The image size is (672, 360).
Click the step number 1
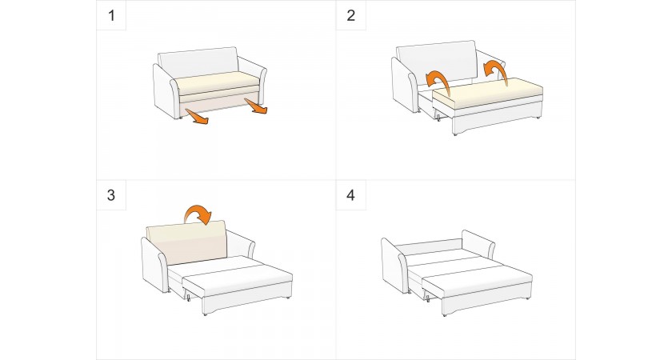[112, 16]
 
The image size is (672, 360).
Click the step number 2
[351, 16]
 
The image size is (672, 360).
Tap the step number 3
[111, 195]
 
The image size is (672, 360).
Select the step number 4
[351, 195]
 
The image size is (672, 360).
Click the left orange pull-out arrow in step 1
[197, 117]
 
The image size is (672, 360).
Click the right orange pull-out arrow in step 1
[256, 106]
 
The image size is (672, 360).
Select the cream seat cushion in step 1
[218, 83]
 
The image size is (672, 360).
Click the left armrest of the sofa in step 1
[166, 91]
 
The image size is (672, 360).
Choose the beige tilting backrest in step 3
[186, 242]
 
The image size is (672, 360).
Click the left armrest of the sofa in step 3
[154, 265]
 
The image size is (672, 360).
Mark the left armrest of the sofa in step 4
[394, 266]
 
